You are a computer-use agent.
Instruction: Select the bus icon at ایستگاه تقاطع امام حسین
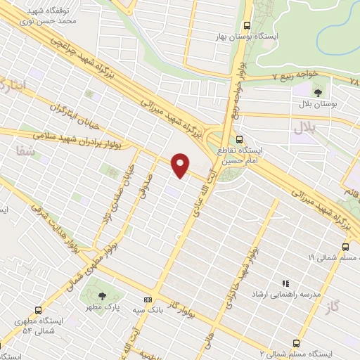[x=239, y=139]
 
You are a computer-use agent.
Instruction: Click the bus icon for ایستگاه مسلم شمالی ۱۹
[x=345, y=247]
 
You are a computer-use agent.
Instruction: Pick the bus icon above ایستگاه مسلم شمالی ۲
[x=295, y=343]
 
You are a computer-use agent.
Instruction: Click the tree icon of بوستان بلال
[x=319, y=91]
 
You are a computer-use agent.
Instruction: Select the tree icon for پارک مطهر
[x=103, y=296]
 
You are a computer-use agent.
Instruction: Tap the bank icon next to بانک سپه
[x=148, y=297]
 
